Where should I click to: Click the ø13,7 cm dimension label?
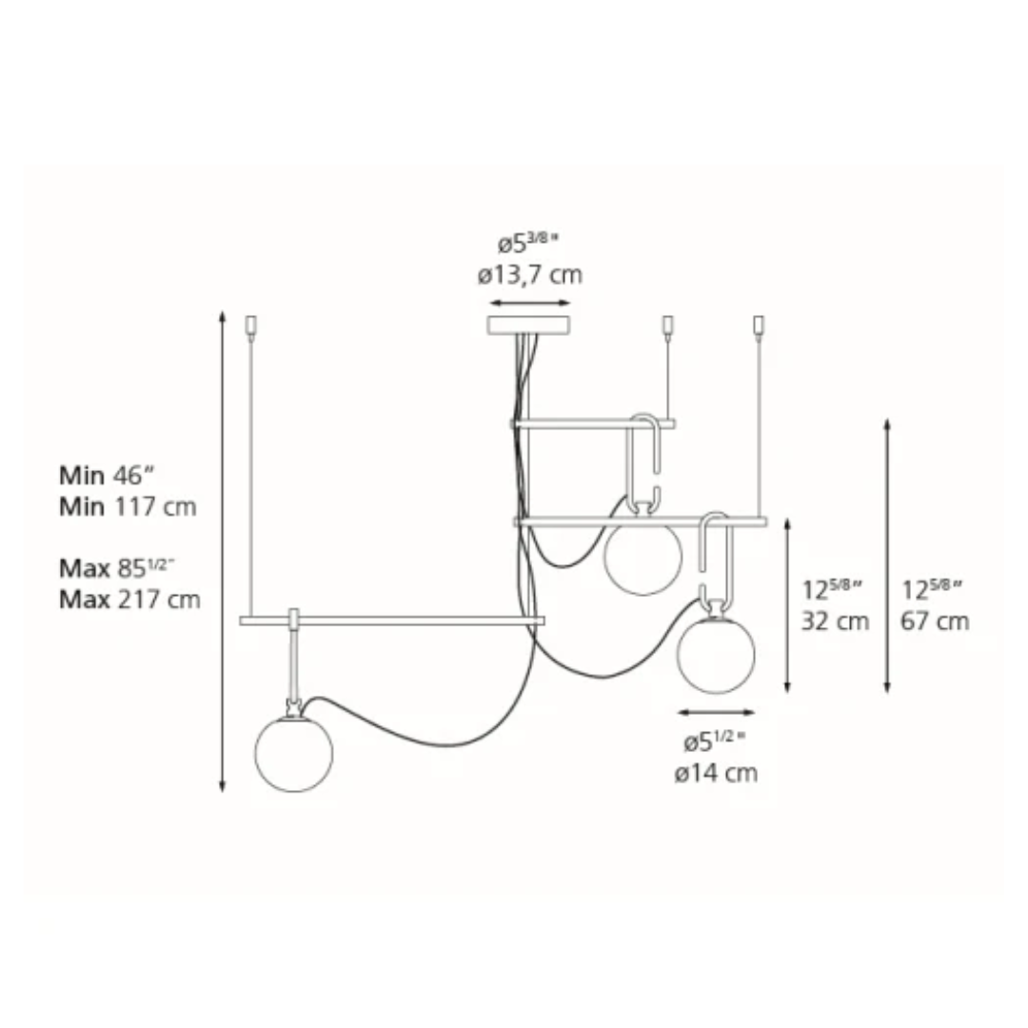(x=530, y=275)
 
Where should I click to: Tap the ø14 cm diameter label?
(x=716, y=773)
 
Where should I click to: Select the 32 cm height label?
(x=836, y=621)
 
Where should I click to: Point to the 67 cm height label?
(x=935, y=621)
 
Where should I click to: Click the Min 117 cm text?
(x=128, y=506)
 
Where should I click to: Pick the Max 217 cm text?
(x=129, y=600)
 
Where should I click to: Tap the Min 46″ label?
(x=109, y=475)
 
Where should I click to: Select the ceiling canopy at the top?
(x=527, y=326)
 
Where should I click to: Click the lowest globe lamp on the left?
(x=294, y=754)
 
